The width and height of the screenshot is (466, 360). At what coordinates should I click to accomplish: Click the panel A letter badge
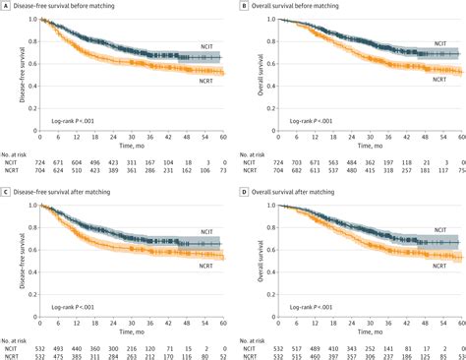point(5,5)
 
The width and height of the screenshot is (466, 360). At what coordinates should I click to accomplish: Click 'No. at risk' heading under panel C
point(15,338)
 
